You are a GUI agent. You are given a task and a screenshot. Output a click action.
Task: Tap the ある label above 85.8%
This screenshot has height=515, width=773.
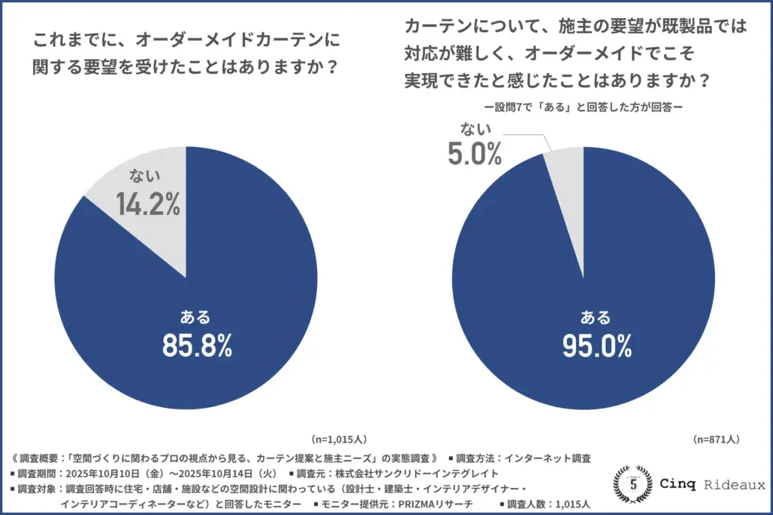196,315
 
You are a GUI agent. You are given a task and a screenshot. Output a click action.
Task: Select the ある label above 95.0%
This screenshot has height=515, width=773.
596,315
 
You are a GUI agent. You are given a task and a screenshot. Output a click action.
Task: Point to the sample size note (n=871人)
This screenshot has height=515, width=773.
716,438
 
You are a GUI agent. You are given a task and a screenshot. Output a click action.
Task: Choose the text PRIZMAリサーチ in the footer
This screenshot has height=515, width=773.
431,503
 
